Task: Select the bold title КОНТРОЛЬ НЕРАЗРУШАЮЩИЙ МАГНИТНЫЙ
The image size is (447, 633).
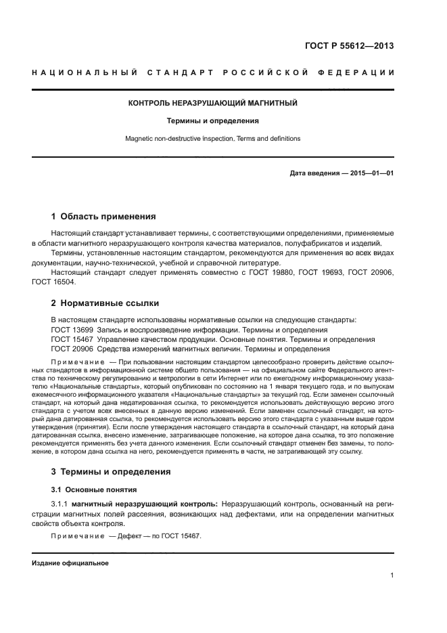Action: pyautogui.click(x=213, y=104)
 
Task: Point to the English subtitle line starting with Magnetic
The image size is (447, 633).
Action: pyautogui.click(x=213, y=138)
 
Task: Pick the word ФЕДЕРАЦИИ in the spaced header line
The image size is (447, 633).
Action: pyautogui.click(x=360, y=72)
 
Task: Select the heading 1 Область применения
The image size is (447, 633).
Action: pyautogui.click(x=103, y=217)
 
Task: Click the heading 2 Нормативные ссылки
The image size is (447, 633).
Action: pyautogui.click(x=105, y=303)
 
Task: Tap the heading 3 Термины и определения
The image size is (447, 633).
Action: pyautogui.click(x=111, y=471)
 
